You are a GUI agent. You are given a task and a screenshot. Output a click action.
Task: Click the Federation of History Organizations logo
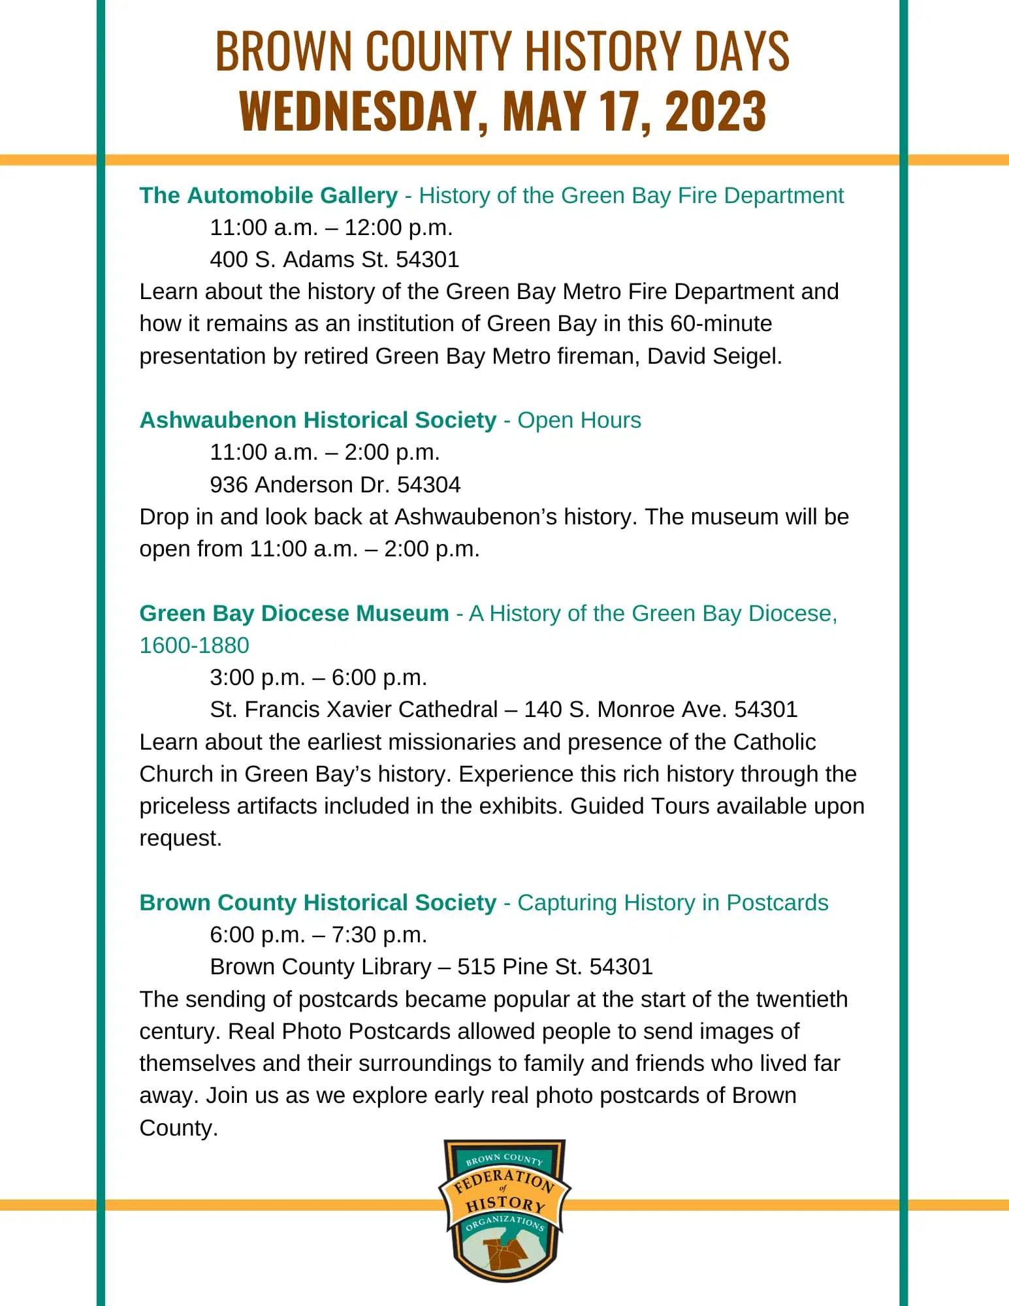[x=504, y=1210]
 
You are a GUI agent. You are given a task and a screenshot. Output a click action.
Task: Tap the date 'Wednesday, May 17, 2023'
[x=502, y=110]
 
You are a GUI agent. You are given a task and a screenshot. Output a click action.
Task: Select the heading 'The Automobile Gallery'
[x=268, y=195]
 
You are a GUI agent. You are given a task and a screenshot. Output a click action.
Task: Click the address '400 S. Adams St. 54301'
[x=334, y=259]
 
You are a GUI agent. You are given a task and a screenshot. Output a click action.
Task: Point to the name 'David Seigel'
[x=714, y=356]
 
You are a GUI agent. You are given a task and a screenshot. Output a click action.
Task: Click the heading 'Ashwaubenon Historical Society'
[x=318, y=420]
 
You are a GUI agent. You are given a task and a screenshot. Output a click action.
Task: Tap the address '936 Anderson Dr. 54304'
[x=335, y=485]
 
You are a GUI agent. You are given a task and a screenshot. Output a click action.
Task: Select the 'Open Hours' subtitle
[x=579, y=420]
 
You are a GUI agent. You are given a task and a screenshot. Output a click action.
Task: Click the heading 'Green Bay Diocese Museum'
[x=294, y=613]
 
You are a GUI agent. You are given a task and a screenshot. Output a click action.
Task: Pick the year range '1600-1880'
[x=195, y=645]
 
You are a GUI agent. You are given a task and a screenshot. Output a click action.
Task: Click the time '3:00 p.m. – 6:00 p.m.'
[x=318, y=677]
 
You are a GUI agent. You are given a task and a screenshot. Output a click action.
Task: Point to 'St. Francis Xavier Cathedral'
[x=353, y=709]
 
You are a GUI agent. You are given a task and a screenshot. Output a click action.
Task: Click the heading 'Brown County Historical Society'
[x=318, y=902]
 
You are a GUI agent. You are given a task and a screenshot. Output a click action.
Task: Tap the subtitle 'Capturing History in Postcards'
[x=673, y=902]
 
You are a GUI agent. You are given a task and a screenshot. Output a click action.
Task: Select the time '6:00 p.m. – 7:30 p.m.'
[x=318, y=934]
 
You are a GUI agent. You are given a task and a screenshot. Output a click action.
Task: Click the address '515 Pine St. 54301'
[x=554, y=966]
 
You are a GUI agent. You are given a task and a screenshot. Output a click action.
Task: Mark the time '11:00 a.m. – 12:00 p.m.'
[x=331, y=227]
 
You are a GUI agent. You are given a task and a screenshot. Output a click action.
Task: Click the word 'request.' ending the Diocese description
[x=181, y=838]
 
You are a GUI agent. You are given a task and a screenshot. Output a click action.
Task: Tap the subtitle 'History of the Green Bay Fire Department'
[x=631, y=195]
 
